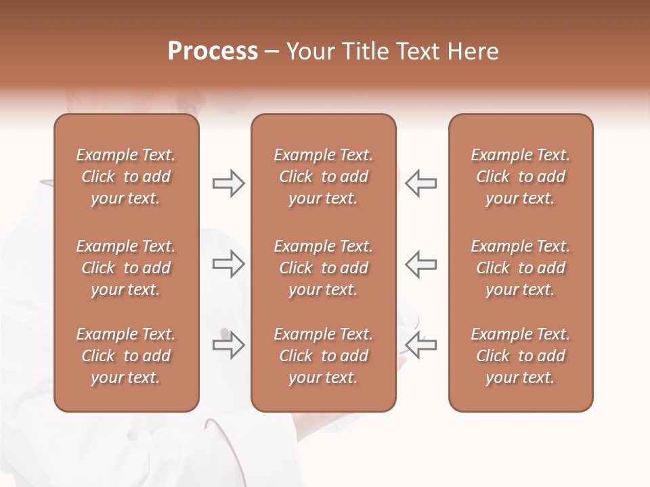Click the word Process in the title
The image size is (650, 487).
[213, 51]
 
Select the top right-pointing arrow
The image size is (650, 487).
[228, 183]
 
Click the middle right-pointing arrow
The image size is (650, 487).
[228, 264]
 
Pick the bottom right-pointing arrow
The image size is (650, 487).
[228, 345]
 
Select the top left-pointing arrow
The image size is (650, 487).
[420, 183]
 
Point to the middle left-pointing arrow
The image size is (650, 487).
[420, 264]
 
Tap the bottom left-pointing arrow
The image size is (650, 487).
[420, 345]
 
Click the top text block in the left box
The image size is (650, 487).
[126, 177]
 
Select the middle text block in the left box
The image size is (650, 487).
[126, 268]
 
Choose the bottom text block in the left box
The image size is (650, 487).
[126, 356]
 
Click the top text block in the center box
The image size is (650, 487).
[323, 177]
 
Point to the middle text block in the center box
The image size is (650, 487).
[323, 268]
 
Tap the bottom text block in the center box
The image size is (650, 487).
[323, 356]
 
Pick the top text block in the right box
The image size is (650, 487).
[521, 177]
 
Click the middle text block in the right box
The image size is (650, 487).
[521, 268]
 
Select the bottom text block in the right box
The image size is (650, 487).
[521, 356]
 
